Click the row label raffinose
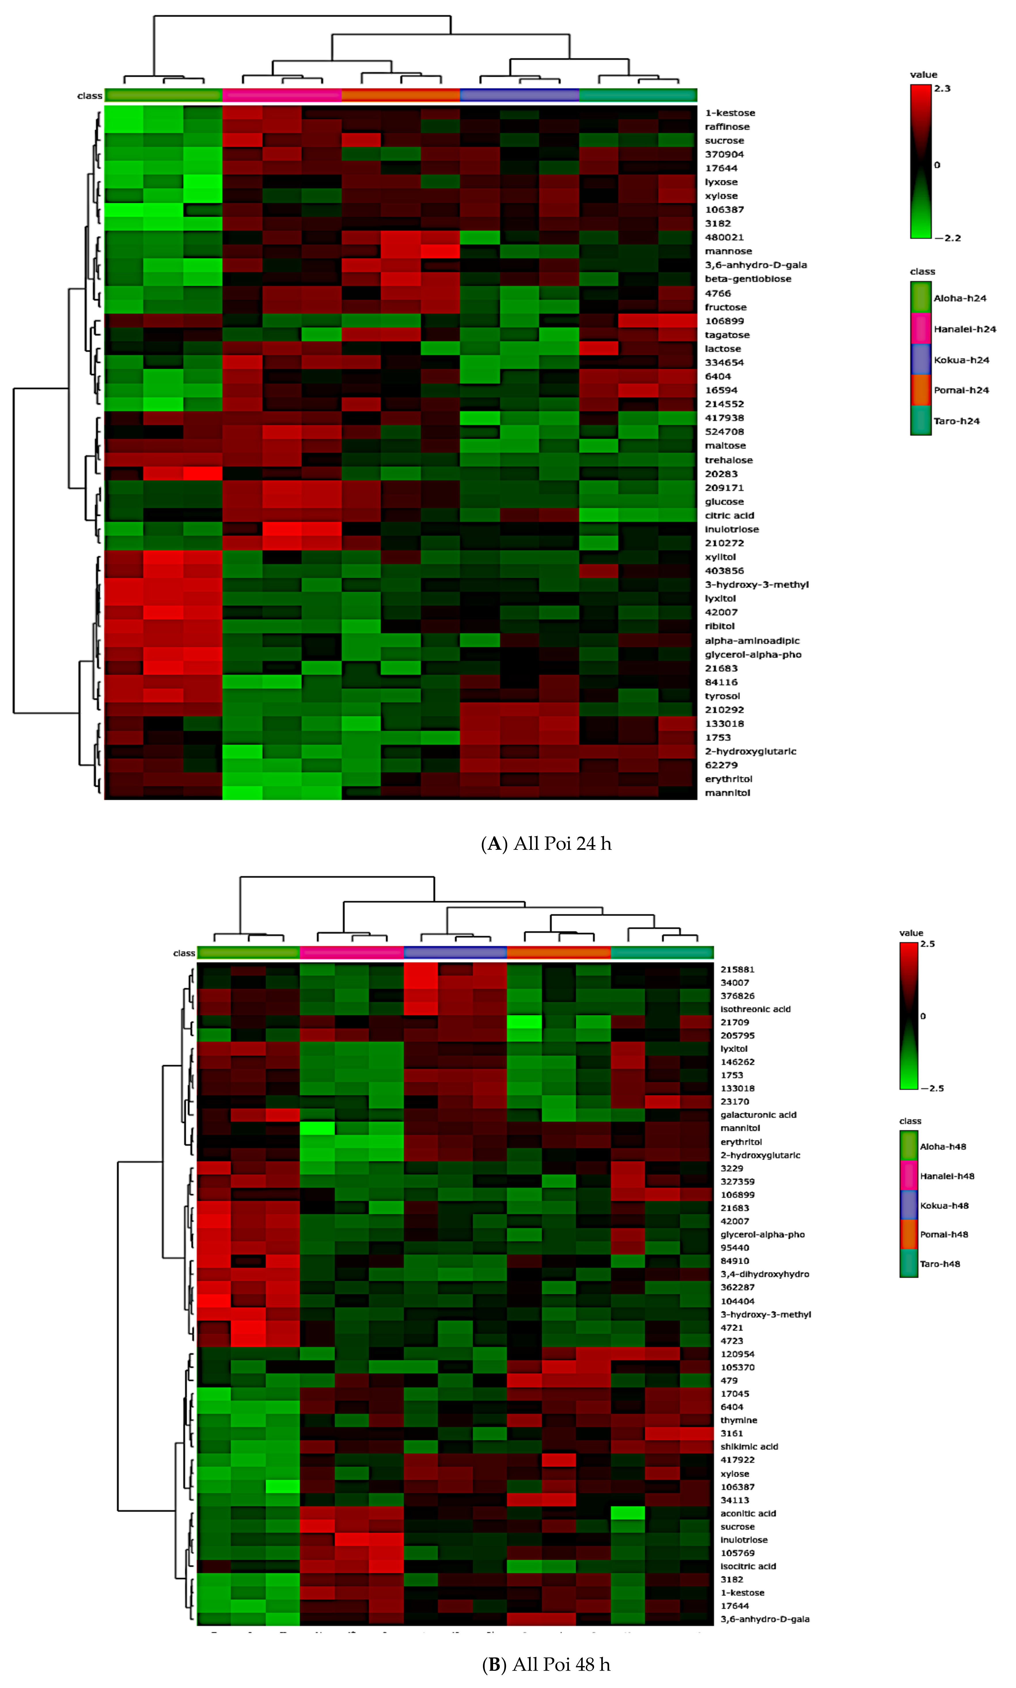(x=727, y=127)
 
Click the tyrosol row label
(x=722, y=696)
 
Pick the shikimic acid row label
(x=749, y=1446)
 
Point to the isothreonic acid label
(x=755, y=1009)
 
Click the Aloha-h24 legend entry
(x=959, y=298)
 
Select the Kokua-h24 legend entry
(x=960, y=360)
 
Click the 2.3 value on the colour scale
(x=942, y=88)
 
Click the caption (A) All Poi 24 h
(x=546, y=844)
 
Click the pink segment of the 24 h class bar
(x=282, y=95)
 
